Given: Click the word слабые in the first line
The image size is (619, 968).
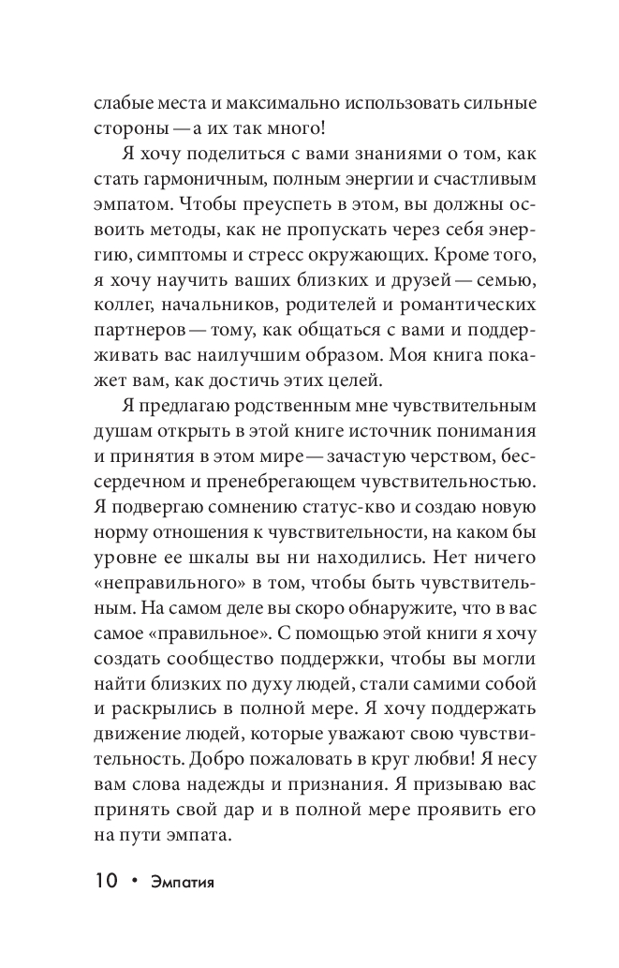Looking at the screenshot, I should tap(124, 101).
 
